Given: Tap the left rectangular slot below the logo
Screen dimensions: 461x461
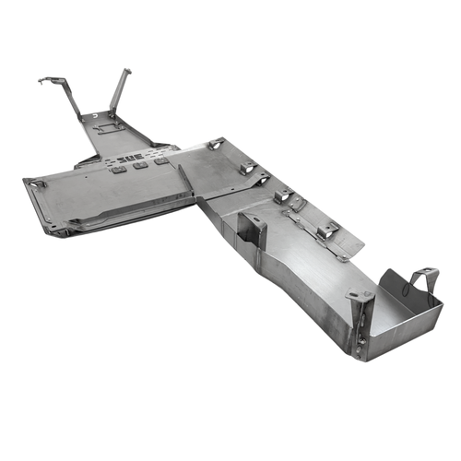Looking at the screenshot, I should (x=119, y=170).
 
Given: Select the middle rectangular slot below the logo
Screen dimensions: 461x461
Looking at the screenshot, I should (x=140, y=166).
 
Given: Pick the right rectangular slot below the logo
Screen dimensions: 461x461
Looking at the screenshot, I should (x=160, y=161).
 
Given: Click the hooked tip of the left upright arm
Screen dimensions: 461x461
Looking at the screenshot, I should (x=42, y=80).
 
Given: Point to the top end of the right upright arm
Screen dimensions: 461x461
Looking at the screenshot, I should (x=126, y=71).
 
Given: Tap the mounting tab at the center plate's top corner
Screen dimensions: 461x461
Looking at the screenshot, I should (x=218, y=144).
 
